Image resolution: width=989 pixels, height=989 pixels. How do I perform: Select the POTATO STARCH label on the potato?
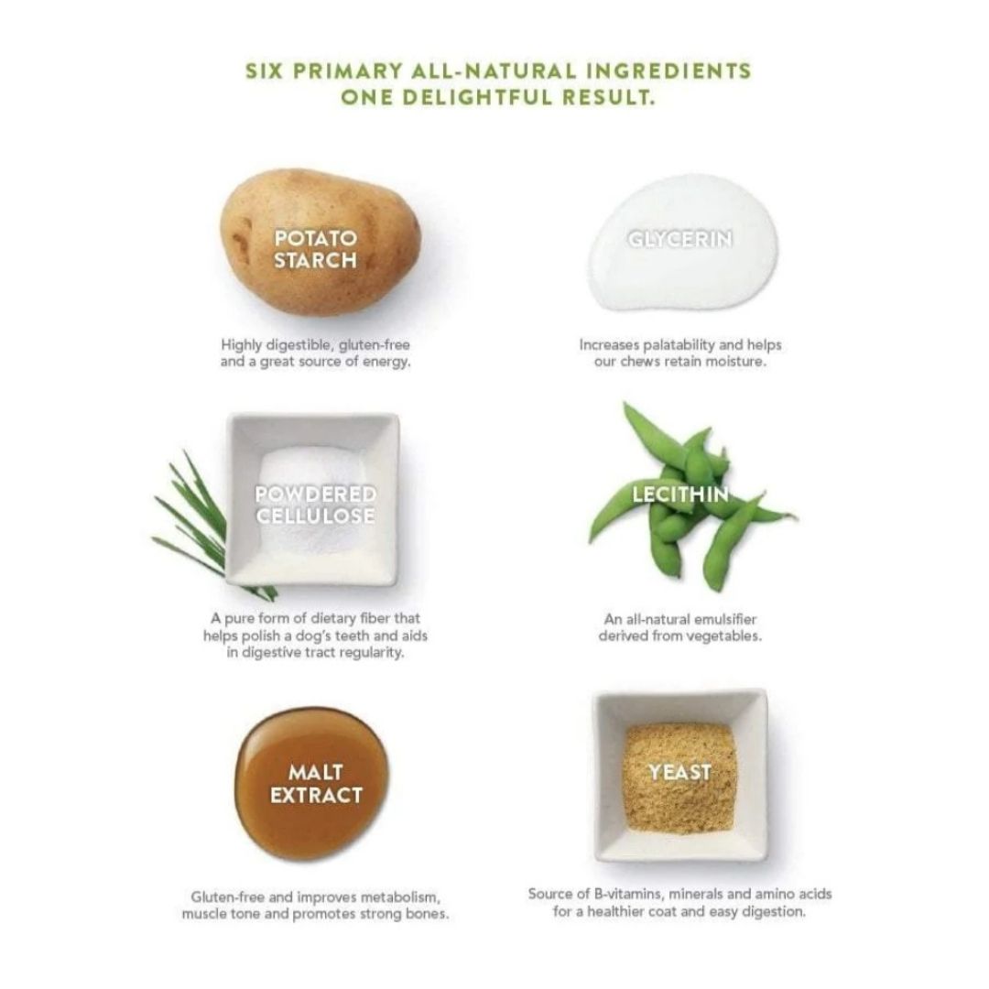click(x=315, y=249)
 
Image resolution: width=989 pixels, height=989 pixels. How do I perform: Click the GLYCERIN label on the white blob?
click(x=679, y=239)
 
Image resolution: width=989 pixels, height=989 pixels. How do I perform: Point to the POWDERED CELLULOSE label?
click(x=315, y=505)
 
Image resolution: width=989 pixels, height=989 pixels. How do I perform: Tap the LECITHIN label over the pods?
click(x=680, y=494)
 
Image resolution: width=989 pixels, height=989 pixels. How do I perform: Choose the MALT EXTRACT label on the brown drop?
click(x=316, y=784)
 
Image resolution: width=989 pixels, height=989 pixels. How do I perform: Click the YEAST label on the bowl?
click(x=679, y=772)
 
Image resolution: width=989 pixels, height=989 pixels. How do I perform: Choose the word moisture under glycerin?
click(x=739, y=362)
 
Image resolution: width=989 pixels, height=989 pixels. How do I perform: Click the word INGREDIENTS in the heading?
click(x=669, y=71)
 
